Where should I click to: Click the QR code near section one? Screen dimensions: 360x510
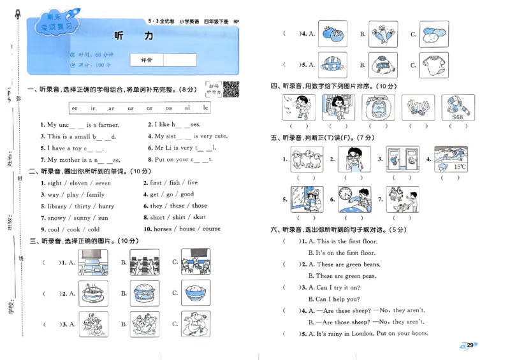[x=231, y=90]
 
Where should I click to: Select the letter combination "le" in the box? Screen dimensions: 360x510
[x=206, y=108]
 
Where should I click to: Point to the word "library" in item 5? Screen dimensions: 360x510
[x=58, y=206]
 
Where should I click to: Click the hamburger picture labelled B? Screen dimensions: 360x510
[x=144, y=294]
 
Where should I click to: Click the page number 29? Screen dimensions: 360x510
[x=470, y=345]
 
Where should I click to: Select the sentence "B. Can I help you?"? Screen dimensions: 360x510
[x=333, y=299]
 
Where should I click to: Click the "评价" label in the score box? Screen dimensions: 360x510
[x=146, y=60]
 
